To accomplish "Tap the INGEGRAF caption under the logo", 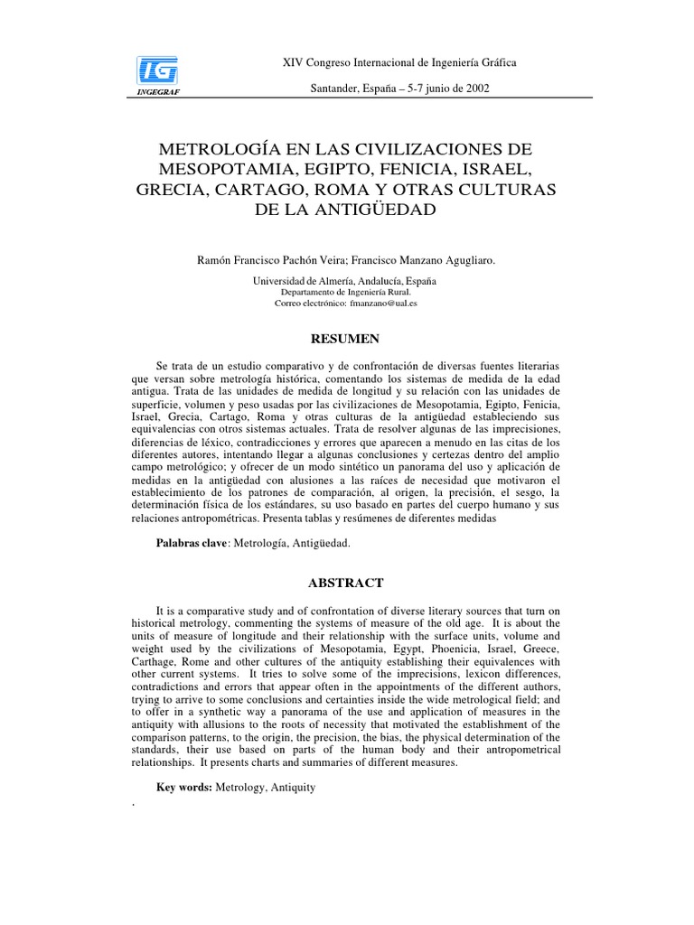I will point(157,90).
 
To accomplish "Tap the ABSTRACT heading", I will point(346,583).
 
